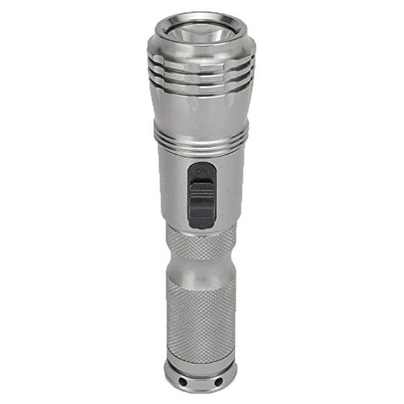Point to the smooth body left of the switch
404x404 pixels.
click(171, 190)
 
